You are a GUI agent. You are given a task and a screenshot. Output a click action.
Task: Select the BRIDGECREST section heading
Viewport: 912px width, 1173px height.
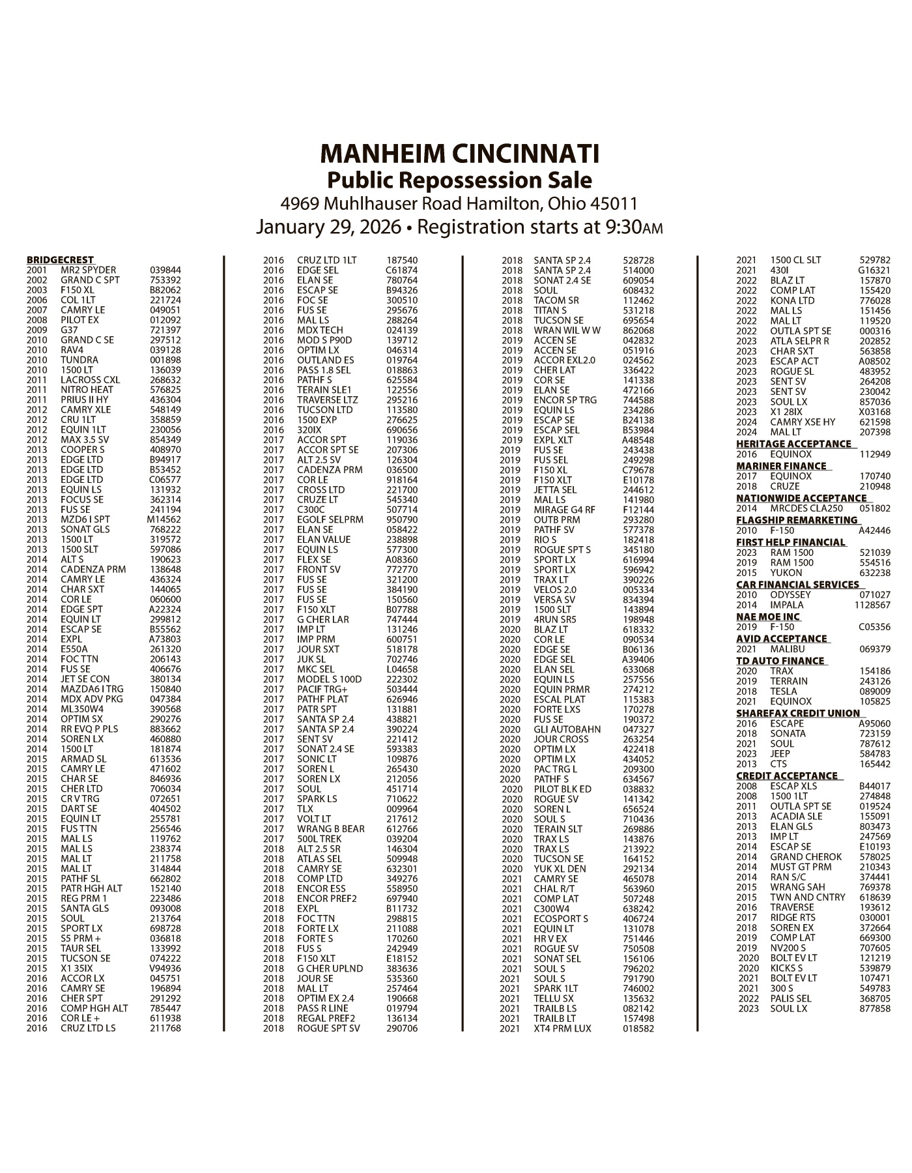[60, 260]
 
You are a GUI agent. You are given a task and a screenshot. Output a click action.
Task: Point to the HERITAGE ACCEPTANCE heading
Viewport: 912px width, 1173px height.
[793, 444]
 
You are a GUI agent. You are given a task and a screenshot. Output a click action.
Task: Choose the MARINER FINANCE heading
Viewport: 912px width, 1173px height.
[780, 466]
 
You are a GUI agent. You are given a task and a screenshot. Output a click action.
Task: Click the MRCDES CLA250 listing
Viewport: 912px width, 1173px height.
[806, 508]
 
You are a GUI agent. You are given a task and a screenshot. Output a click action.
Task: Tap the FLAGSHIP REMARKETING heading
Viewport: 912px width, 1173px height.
[797, 520]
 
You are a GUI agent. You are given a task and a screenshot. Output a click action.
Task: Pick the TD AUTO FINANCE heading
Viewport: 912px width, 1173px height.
[780, 661]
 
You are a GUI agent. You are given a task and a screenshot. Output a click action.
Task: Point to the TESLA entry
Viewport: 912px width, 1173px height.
[783, 691]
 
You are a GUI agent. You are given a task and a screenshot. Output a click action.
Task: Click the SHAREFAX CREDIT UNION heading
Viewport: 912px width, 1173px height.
[798, 713]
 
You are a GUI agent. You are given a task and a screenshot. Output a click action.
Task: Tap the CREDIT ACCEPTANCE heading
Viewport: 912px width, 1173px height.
[787, 775]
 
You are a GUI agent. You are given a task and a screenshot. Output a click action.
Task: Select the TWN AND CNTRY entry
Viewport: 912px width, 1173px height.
[807, 897]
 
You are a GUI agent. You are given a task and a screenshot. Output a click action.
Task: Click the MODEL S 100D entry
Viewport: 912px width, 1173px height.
[329, 679]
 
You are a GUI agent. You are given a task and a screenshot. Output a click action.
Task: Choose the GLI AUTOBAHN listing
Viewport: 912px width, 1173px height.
[567, 729]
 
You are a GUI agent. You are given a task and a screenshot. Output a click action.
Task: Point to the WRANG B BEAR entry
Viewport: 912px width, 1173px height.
[330, 828]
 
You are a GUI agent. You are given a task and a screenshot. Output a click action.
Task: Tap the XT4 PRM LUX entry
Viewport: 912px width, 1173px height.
[562, 1028]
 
